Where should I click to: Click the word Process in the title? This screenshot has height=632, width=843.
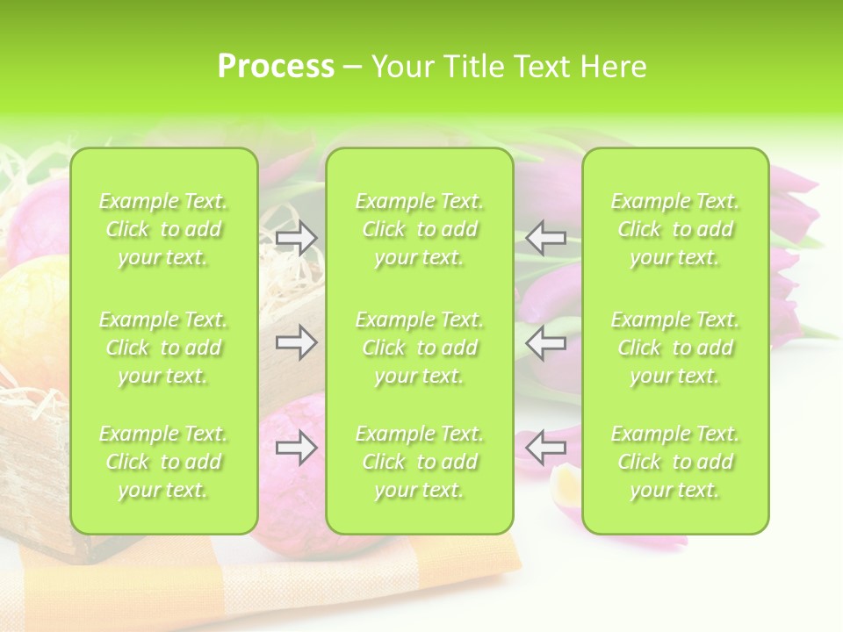[x=276, y=66]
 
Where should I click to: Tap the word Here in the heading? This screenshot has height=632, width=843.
[x=613, y=67]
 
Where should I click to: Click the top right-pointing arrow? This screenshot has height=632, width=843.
[x=296, y=237]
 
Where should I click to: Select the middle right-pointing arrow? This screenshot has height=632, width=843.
[x=296, y=342]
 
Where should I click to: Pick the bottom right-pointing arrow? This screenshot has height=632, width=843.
[x=296, y=448]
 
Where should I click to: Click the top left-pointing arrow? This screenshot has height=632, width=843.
[x=546, y=237]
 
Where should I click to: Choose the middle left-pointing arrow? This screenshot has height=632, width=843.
[x=546, y=342]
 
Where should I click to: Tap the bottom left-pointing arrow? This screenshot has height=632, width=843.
[x=546, y=448]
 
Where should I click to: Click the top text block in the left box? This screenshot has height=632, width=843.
[x=163, y=230]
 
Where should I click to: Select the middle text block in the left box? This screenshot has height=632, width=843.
[x=163, y=348]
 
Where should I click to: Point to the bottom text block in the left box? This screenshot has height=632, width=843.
[x=163, y=462]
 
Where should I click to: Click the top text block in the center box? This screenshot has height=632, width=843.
[x=420, y=230]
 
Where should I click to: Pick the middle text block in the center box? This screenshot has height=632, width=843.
[x=420, y=348]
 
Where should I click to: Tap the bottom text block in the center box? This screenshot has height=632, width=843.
[x=420, y=462]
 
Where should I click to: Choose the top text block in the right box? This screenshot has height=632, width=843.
[x=675, y=230]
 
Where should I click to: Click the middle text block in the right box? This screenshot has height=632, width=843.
[x=675, y=348]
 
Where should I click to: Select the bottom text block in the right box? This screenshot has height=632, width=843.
[x=675, y=462]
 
